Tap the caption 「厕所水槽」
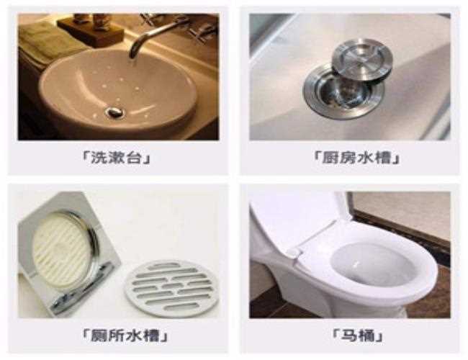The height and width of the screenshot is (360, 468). pos(117,336)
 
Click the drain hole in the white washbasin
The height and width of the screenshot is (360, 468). pos(114,112)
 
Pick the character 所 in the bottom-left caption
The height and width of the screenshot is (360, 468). pos(106,336)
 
